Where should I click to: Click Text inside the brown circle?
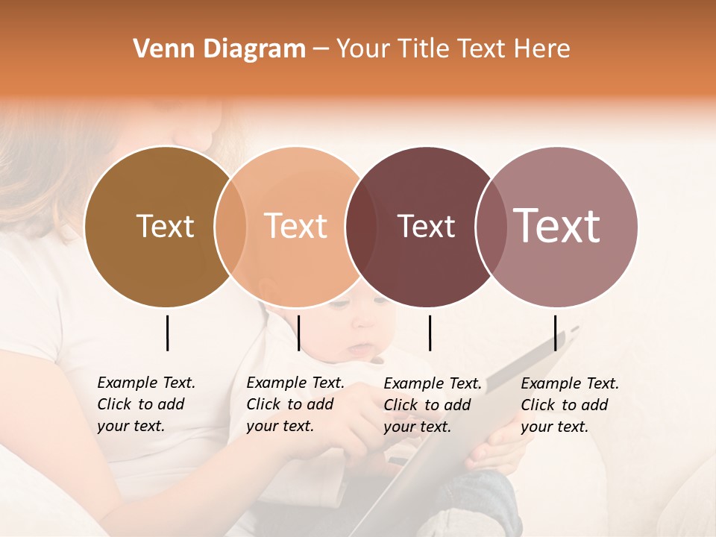click(x=165, y=226)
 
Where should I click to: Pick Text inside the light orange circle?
click(x=296, y=226)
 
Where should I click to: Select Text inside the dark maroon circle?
click(x=426, y=226)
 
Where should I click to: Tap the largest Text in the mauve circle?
click(x=557, y=225)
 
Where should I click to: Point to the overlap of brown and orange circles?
click(x=230, y=226)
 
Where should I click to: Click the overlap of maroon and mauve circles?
click(x=492, y=226)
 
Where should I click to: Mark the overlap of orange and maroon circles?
click(x=359, y=226)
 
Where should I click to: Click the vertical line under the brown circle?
click(x=168, y=333)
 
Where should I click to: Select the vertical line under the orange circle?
click(x=298, y=333)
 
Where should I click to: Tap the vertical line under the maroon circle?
click(x=430, y=333)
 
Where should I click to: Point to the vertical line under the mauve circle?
click(x=555, y=333)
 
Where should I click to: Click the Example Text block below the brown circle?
click(x=145, y=404)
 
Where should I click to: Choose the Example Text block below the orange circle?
click(x=295, y=404)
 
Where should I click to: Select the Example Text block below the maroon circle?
click(x=432, y=405)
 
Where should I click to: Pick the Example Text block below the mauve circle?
click(x=569, y=405)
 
